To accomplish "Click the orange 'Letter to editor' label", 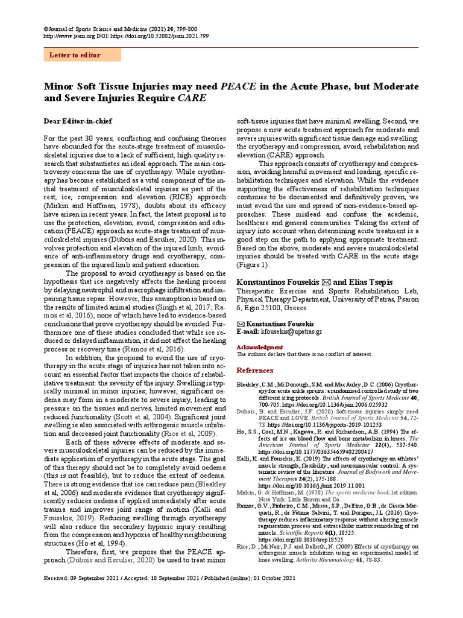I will [x=82, y=56].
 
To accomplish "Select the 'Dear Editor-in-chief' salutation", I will [x=78, y=121].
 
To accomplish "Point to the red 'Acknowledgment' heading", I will [x=259, y=347].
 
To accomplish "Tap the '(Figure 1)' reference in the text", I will [x=253, y=264].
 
